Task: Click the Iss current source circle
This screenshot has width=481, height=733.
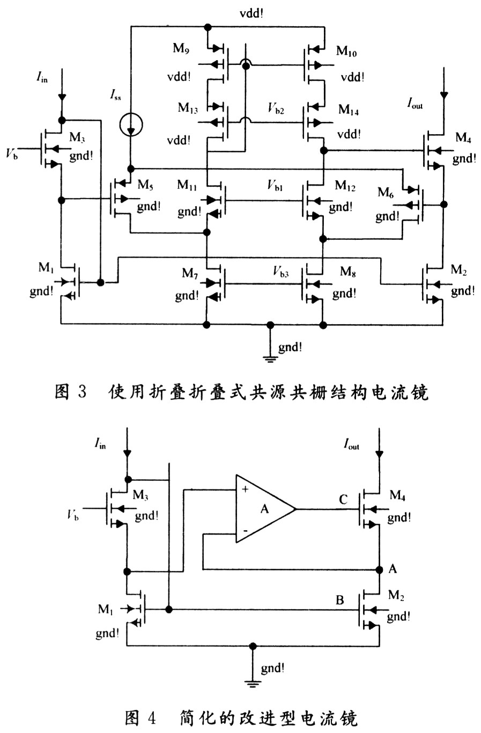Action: (130, 125)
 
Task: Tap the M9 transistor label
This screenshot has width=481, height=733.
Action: (181, 48)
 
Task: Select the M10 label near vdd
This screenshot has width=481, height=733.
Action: (346, 51)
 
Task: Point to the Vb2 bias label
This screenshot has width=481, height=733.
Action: (276, 109)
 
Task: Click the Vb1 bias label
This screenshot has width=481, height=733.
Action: (276, 186)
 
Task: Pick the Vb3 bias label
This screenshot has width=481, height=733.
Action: (278, 272)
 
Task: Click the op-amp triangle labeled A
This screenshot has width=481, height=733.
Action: (263, 508)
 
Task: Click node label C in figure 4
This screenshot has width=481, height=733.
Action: (343, 500)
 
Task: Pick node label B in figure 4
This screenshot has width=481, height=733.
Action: (339, 600)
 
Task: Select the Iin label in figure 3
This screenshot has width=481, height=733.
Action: (41, 78)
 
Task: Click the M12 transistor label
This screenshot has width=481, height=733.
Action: (345, 186)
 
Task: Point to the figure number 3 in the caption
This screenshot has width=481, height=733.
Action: (82, 392)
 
